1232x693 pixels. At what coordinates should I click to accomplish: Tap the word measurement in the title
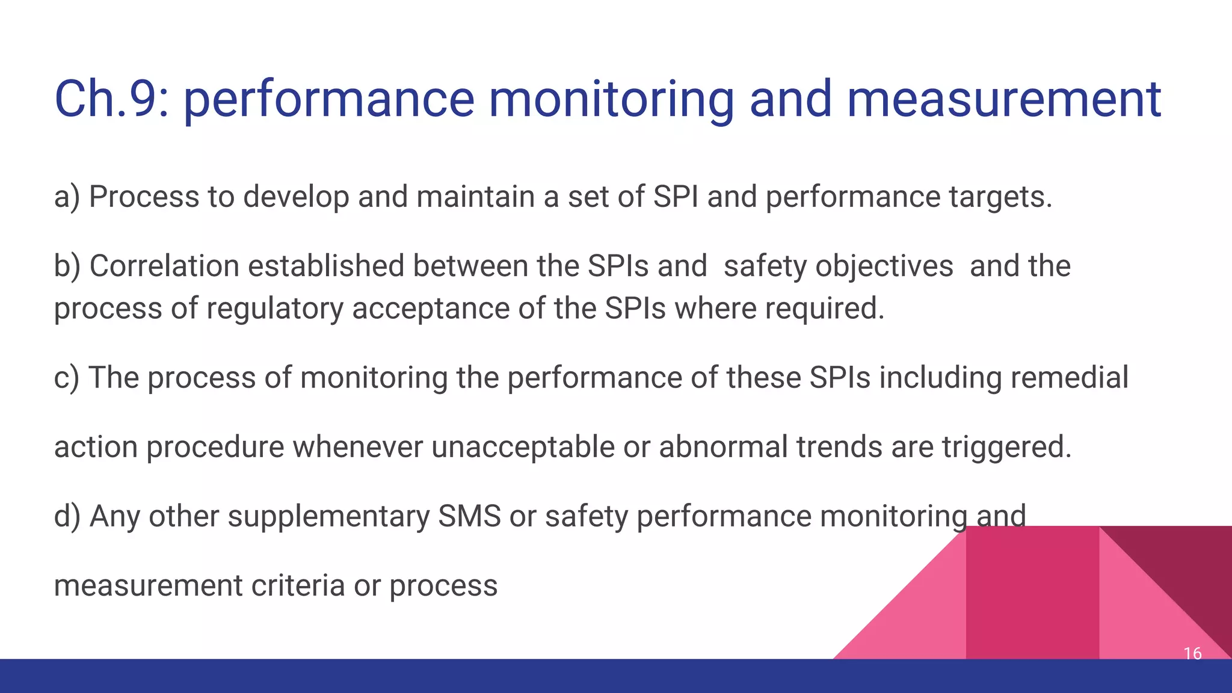1003,99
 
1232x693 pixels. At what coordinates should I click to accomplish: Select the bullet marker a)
66,197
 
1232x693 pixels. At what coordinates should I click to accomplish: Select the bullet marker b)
67,266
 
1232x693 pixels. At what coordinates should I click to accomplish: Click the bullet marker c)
66,378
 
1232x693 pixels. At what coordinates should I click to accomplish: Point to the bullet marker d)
67,517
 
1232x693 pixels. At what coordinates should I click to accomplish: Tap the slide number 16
1192,653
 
